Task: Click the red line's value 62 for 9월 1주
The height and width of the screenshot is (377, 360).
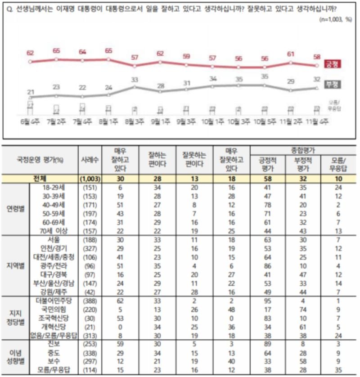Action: coord(161,53)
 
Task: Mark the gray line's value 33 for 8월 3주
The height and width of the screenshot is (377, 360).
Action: coord(135,80)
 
